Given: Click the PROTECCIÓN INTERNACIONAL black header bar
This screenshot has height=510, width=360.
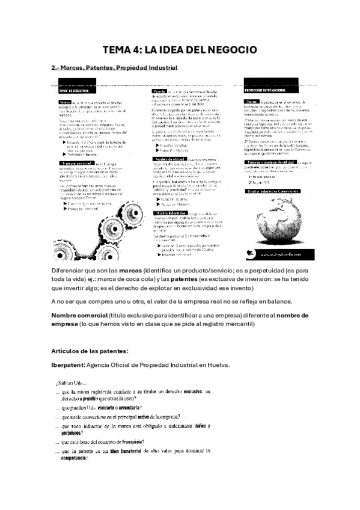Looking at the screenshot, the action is tap(269, 89).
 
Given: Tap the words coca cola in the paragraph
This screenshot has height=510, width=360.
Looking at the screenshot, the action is tap(147, 281).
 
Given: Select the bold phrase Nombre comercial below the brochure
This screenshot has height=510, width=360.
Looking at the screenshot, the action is tap(84, 315).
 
